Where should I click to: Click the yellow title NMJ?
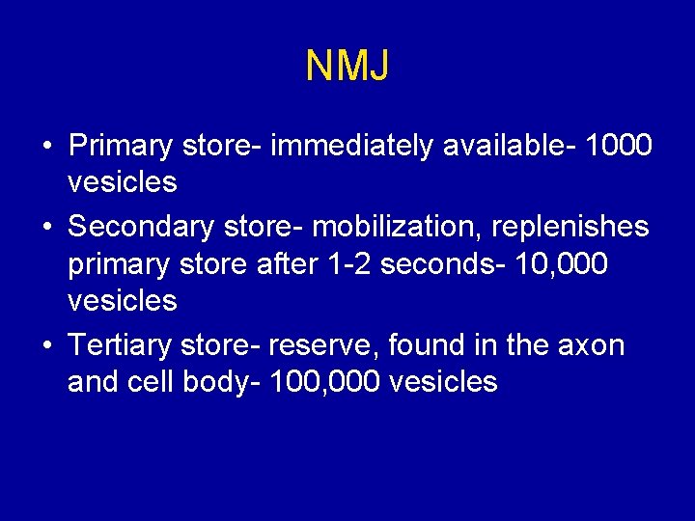(x=347, y=66)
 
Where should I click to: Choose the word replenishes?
(x=570, y=228)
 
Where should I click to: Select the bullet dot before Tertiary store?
(x=46, y=345)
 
